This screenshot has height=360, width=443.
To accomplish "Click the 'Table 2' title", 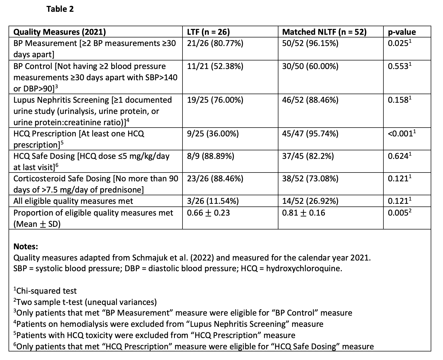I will pos(60,9).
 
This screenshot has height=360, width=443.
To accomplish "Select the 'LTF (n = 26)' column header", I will pos(208,32).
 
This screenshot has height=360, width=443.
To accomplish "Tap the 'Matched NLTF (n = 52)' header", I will pos(324,32).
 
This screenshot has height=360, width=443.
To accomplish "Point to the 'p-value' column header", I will pos(402,32).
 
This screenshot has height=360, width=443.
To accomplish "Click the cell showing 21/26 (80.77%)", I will pos(215,43).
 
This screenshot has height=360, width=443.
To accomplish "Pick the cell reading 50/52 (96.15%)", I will pos(310,43).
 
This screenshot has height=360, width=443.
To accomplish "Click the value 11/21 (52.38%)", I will pos(215,66).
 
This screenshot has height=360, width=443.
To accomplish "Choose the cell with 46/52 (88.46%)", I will pos(310,100).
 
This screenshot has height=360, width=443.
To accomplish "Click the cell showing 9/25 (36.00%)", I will pos(213,134).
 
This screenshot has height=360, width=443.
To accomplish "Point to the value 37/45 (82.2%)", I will pos(308,156).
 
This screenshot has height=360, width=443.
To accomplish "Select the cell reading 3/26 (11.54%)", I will pos(213,201).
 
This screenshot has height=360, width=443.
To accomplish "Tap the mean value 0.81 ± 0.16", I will pos(304,213).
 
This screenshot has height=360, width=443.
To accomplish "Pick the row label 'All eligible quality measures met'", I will pos(73,201).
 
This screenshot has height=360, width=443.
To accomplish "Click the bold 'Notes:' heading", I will pos(26,246).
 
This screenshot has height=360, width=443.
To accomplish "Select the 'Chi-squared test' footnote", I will pos(46,291).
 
